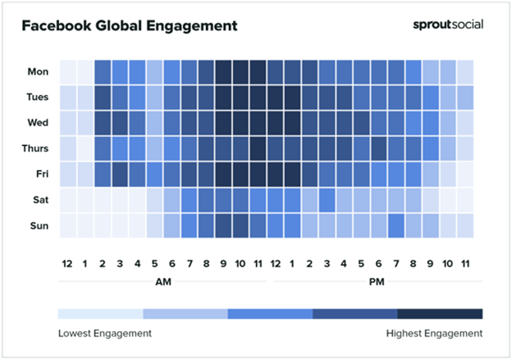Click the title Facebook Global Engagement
point(129,25)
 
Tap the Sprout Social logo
point(447,25)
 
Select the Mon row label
point(38,71)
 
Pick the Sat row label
point(39,198)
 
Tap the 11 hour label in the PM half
point(465,263)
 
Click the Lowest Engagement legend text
point(105,333)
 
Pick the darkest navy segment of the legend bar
point(440,313)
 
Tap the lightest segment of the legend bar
point(100,313)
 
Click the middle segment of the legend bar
point(270,313)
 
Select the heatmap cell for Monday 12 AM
point(67,71)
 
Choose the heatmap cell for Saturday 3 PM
point(327,198)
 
